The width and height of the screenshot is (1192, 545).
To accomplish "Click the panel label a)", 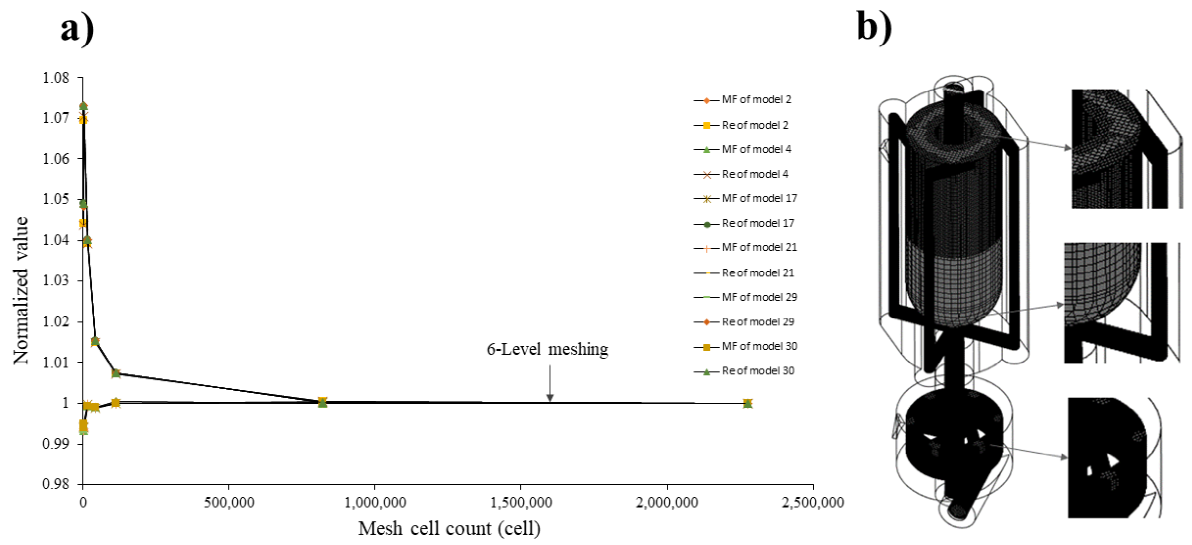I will [77, 29].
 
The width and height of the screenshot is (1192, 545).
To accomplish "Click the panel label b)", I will [874, 27].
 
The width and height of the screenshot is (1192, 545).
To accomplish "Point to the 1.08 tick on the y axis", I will [56, 78].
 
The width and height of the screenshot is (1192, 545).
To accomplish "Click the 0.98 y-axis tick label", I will [56, 484].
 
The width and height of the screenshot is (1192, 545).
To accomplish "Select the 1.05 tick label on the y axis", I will [56, 199].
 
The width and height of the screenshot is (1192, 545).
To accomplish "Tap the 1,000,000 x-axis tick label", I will [375, 503].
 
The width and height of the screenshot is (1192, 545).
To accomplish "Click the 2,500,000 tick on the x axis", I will [812, 503].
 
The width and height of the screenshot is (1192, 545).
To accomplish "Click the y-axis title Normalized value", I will [21, 291].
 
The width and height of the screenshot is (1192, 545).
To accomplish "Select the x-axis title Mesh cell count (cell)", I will [449, 529].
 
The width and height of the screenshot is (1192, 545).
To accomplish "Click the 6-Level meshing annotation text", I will [547, 349].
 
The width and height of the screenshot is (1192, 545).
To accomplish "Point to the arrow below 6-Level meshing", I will [549, 384].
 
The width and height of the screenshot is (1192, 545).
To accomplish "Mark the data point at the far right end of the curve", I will [748, 404].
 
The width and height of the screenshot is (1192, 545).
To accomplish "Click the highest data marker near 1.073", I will [83, 106].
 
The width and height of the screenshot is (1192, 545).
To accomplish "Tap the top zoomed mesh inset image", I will [1126, 148].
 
